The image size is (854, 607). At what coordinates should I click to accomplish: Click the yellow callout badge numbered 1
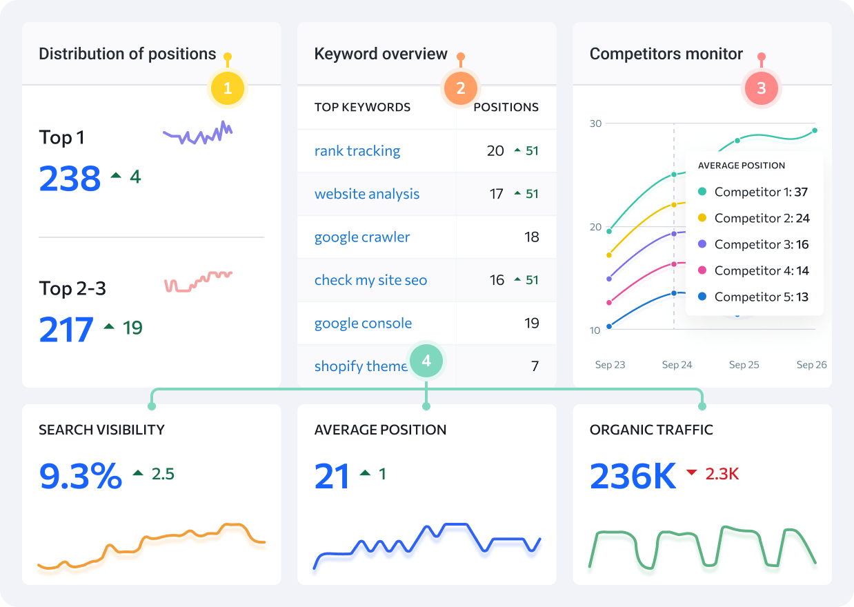tap(228, 88)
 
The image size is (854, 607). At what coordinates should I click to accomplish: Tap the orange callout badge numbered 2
tap(461, 88)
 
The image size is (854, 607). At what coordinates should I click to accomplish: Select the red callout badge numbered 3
tap(761, 88)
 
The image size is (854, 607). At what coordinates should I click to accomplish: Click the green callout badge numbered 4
tap(426, 360)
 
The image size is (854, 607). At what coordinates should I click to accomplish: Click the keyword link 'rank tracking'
tap(357, 151)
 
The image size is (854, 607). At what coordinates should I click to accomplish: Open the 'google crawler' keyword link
tap(361, 237)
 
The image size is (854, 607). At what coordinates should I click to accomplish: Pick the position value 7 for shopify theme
tap(535, 366)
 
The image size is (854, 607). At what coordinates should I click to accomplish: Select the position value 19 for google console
tap(531, 324)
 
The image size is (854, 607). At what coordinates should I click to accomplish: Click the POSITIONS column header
tap(506, 107)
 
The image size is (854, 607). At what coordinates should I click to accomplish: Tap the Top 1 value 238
tap(70, 178)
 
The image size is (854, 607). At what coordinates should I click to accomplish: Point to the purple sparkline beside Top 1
tap(197, 132)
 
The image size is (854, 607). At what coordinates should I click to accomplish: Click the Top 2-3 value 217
tap(66, 329)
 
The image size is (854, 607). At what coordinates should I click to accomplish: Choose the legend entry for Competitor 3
tap(753, 244)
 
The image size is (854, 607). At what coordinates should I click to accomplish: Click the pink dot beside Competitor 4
tap(702, 270)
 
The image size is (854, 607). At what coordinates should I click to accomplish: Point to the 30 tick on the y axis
tap(595, 123)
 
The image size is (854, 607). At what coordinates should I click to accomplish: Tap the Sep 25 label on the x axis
tap(744, 365)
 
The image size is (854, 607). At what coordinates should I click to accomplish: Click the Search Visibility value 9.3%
tap(81, 475)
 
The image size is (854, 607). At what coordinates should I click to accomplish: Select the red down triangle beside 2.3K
tap(692, 472)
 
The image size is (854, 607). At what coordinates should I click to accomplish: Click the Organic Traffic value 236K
tap(633, 475)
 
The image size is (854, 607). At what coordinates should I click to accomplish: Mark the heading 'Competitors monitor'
tap(666, 54)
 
